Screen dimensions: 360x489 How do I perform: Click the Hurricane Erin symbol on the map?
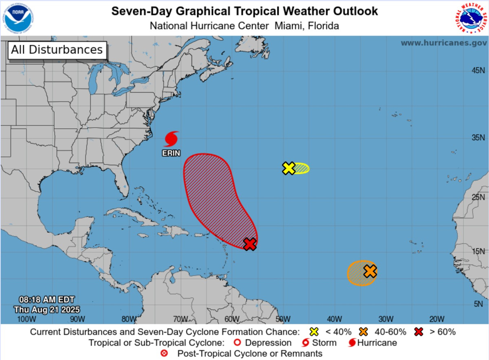click(x=172, y=139)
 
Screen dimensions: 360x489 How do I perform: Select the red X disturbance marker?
click(x=250, y=244)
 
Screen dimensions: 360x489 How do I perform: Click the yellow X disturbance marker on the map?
click(x=289, y=168)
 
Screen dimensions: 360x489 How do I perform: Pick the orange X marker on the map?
click(x=370, y=271)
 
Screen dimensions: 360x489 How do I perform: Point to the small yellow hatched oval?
click(x=302, y=168)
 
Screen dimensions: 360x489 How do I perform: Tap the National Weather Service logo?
click(x=471, y=18)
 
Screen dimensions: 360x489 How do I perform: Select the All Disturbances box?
click(x=57, y=50)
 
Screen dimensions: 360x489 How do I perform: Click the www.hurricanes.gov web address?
click(x=443, y=43)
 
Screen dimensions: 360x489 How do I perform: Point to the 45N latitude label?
click(x=478, y=70)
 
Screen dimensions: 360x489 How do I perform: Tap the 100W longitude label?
click(x=24, y=318)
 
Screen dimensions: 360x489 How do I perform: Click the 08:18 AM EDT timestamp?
click(x=47, y=300)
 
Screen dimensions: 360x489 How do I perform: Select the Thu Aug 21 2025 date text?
click(x=47, y=310)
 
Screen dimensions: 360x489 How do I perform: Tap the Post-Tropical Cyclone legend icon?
click(x=165, y=353)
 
